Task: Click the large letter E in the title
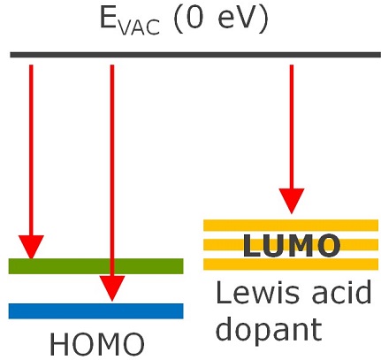(x=109, y=18)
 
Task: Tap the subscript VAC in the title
(x=140, y=27)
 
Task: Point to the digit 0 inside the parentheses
(x=195, y=18)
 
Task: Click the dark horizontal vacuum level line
(x=195, y=55)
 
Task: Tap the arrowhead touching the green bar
(x=31, y=247)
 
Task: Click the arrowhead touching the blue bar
(x=112, y=288)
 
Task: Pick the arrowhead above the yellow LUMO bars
(x=292, y=201)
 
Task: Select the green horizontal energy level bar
(x=95, y=266)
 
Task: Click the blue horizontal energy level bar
(x=95, y=311)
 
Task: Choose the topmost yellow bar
(x=291, y=226)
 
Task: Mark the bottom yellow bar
(x=291, y=264)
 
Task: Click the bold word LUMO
(x=292, y=245)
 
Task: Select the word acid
(x=342, y=292)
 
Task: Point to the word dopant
(x=270, y=330)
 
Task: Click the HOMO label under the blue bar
(x=97, y=344)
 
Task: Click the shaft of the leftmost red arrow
(x=31, y=150)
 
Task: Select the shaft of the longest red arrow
(x=112, y=171)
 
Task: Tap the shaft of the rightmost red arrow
(x=292, y=126)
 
